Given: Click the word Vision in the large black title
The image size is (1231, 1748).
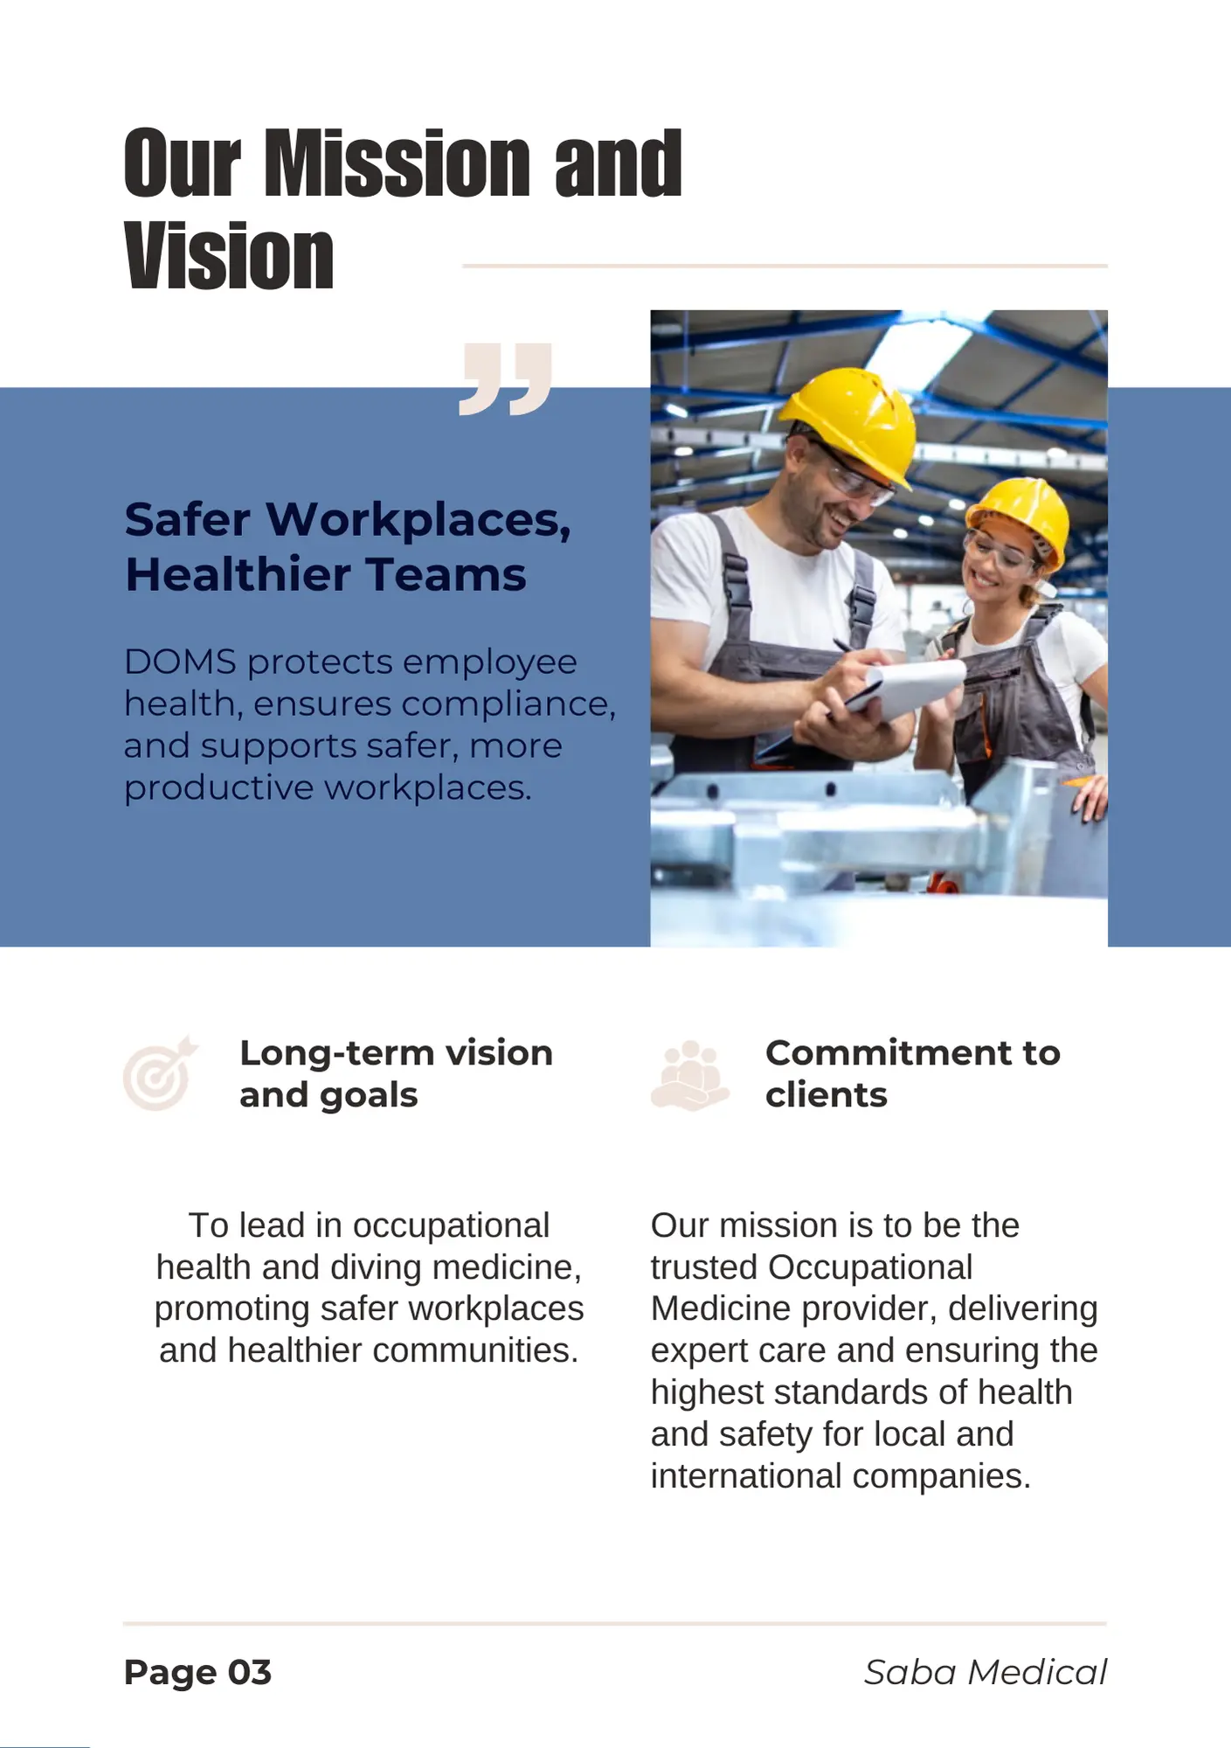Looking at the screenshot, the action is [229, 255].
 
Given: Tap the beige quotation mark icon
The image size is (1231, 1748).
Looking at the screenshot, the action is [506, 378].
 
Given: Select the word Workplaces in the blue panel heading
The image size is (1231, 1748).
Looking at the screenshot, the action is [418, 521].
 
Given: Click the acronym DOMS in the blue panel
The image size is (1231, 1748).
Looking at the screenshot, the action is [180, 662].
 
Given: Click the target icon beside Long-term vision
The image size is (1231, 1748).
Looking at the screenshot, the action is [160, 1073].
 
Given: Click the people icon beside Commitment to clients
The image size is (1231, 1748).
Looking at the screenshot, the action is [689, 1075].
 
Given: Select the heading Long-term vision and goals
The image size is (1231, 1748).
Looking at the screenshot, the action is [396, 1074].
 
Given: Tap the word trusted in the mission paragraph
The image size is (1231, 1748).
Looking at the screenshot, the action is [703, 1267].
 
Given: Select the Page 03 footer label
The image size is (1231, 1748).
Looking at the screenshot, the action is [197, 1672].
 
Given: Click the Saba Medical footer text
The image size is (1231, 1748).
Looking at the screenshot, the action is [985, 1672].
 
